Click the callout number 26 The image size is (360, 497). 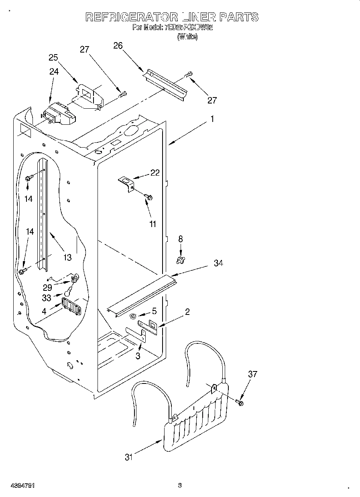[x=118, y=46]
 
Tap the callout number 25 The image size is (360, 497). [x=53, y=57]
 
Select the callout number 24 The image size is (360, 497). [x=54, y=72]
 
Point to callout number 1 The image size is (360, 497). [x=212, y=119]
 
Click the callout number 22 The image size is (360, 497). [x=155, y=172]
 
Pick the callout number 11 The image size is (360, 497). [x=153, y=224]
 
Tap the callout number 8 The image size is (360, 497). [x=180, y=239]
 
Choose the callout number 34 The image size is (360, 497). [x=218, y=263]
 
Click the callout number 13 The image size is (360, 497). [x=67, y=257]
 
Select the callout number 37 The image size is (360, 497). [x=252, y=374]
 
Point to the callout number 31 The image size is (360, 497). [x=128, y=457]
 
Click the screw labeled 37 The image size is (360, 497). [x=240, y=402]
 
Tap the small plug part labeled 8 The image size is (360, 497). [x=180, y=261]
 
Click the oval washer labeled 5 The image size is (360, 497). [x=133, y=316]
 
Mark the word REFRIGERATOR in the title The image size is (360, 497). [x=131, y=17]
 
